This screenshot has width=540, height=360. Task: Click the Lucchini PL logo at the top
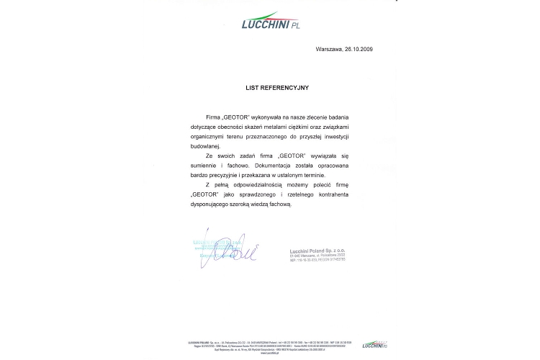point(270,22)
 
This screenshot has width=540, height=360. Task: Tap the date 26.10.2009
point(358,49)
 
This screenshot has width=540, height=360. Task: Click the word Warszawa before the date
point(329,49)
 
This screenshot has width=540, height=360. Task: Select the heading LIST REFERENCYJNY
point(277,88)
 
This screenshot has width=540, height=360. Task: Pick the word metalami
point(273,125)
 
